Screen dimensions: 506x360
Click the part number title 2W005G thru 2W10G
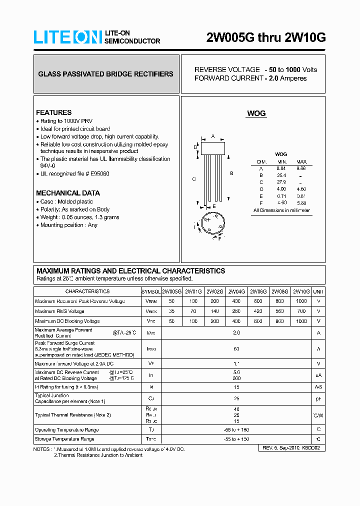tap(266, 37)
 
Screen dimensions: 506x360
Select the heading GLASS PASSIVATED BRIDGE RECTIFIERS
tap(106, 74)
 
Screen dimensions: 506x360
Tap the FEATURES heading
tap(53, 112)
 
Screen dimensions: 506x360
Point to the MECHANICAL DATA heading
tap(67, 193)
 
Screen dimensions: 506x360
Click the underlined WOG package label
tap(256, 114)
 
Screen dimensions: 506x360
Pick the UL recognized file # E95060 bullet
tap(74, 173)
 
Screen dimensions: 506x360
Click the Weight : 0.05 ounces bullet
tap(79, 217)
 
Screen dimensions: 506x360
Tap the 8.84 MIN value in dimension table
tap(281, 168)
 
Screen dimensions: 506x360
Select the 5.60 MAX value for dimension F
tap(301, 203)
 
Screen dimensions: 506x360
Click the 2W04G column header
tap(236, 291)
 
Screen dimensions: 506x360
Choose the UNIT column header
tap(318, 291)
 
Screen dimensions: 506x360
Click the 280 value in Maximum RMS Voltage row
tap(236, 311)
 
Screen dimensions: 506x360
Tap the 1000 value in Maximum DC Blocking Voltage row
tap(301, 321)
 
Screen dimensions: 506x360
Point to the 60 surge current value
tap(236, 349)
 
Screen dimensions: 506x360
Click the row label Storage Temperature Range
tap(64, 439)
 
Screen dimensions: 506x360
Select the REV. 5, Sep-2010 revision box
tap(293, 448)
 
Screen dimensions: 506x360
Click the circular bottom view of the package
tap(213, 224)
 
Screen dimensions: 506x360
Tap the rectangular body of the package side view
tap(213, 148)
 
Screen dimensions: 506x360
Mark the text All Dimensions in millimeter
tap(281, 210)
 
